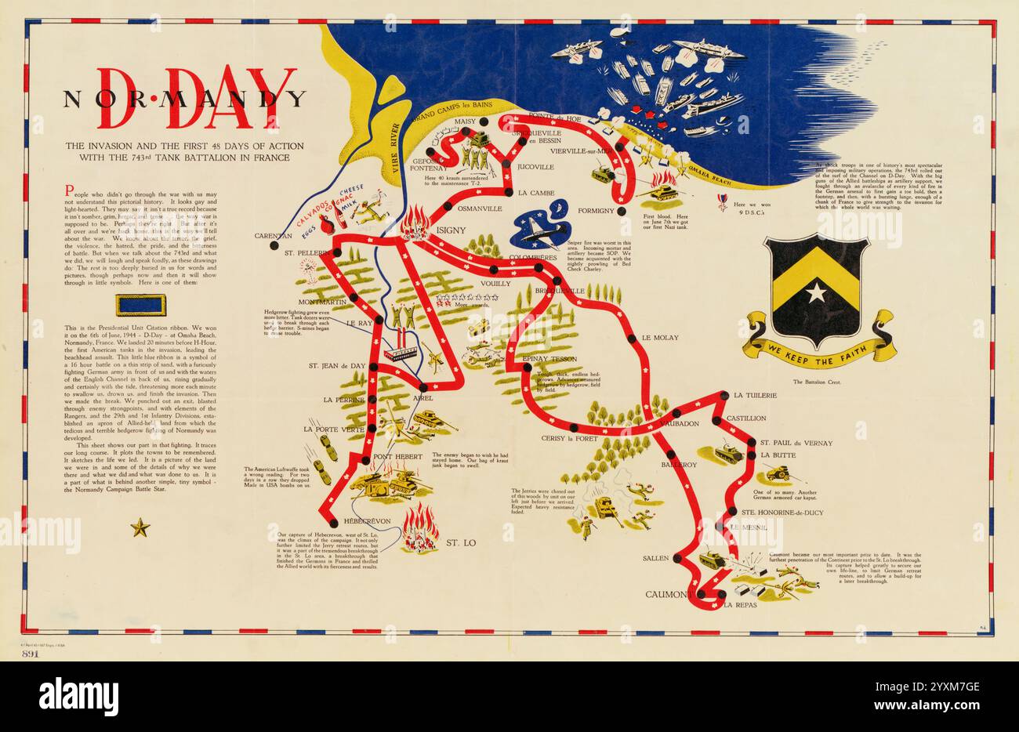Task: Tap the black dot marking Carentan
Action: coord(274,245)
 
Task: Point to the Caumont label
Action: coord(665,595)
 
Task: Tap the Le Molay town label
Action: coord(660,338)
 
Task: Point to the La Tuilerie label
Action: coord(755,396)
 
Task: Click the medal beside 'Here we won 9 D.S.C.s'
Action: coord(720,201)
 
